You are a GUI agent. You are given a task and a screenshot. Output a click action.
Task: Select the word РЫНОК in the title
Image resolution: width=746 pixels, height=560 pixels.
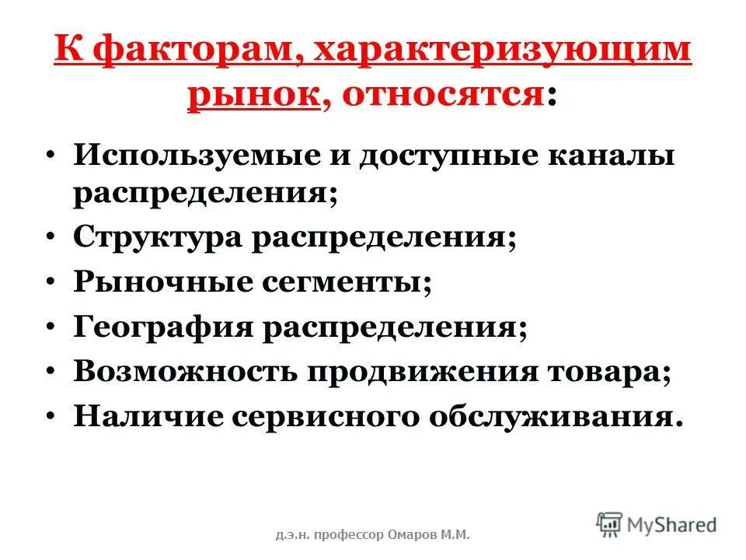[253, 96]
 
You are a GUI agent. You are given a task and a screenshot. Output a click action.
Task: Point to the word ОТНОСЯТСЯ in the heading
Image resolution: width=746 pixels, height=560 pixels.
[441, 96]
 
